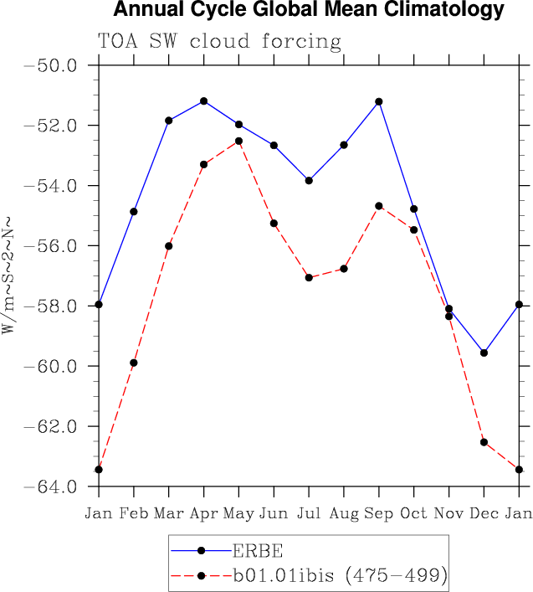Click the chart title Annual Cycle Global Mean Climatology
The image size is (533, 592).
tap(308, 11)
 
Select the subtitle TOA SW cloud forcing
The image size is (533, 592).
tap(219, 41)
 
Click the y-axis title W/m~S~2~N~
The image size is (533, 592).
tap(11, 275)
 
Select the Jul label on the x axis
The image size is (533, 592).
tap(309, 512)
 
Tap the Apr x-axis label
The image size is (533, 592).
tap(203, 512)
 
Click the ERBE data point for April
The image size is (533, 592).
tap(204, 101)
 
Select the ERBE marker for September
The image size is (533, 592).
tap(379, 101)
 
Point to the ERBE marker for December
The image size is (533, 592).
tap(484, 353)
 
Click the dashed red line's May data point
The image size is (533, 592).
tap(238, 141)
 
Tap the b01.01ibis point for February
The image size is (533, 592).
tap(134, 363)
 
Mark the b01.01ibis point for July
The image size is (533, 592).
tap(309, 277)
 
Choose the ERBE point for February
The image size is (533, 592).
tap(134, 211)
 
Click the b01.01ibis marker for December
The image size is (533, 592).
tap(484, 442)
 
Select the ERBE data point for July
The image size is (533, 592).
tap(309, 180)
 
